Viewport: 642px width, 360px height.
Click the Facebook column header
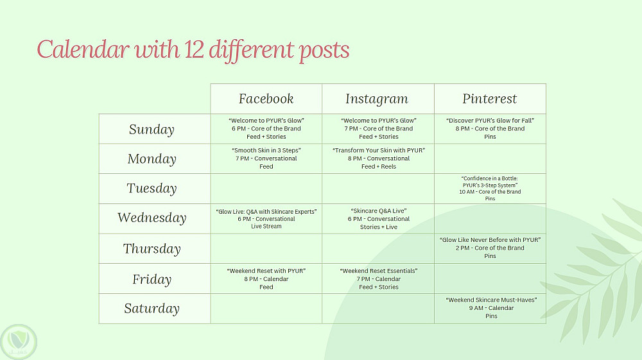click(266, 99)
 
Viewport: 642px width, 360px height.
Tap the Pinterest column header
click(490, 99)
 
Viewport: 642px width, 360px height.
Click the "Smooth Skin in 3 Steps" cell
click(266, 159)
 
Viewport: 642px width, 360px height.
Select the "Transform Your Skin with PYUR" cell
click(378, 159)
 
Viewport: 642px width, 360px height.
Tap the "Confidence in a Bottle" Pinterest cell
click(490, 189)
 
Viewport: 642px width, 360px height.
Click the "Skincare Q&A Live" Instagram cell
click(378, 218)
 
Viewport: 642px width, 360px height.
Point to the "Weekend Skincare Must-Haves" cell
click(490, 309)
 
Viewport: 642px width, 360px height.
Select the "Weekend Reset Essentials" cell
click(378, 279)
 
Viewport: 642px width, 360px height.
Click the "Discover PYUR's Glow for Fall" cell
click(490, 129)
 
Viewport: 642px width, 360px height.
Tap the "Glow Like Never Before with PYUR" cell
click(490, 248)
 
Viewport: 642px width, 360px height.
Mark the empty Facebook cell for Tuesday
click(266, 189)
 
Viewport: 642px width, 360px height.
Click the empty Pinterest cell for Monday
click(490, 159)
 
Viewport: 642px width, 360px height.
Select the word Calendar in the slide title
click(83, 49)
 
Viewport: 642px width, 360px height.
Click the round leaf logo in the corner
click(19, 342)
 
